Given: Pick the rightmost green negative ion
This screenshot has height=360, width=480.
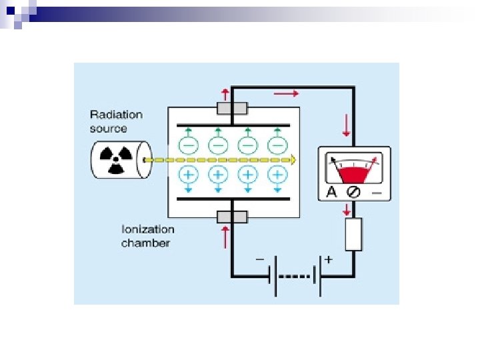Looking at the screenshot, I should [x=278, y=144].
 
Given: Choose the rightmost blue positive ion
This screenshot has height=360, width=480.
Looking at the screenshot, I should [x=278, y=175].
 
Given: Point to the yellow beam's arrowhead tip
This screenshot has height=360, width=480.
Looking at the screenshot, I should [x=295, y=160].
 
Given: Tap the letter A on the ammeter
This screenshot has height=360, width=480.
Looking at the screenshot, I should [x=331, y=192].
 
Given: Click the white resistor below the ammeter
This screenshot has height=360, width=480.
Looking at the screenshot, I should [x=353, y=234].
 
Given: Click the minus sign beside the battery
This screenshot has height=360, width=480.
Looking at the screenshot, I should [x=259, y=258].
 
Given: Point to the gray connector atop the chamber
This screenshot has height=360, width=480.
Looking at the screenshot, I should [x=232, y=109].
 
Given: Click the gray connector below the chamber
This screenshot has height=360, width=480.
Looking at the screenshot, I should [x=232, y=217].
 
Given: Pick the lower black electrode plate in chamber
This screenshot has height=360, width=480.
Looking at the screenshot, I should [x=233, y=199].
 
